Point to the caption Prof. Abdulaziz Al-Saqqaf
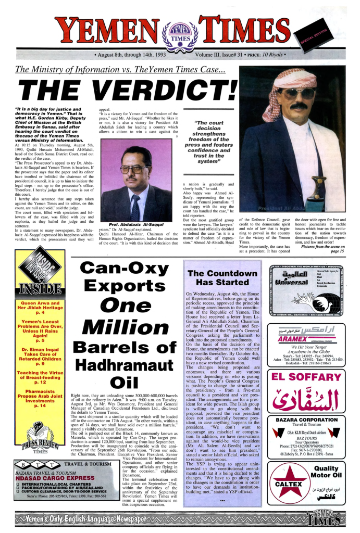tap(136, 225)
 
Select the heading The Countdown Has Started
tap(222, 277)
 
